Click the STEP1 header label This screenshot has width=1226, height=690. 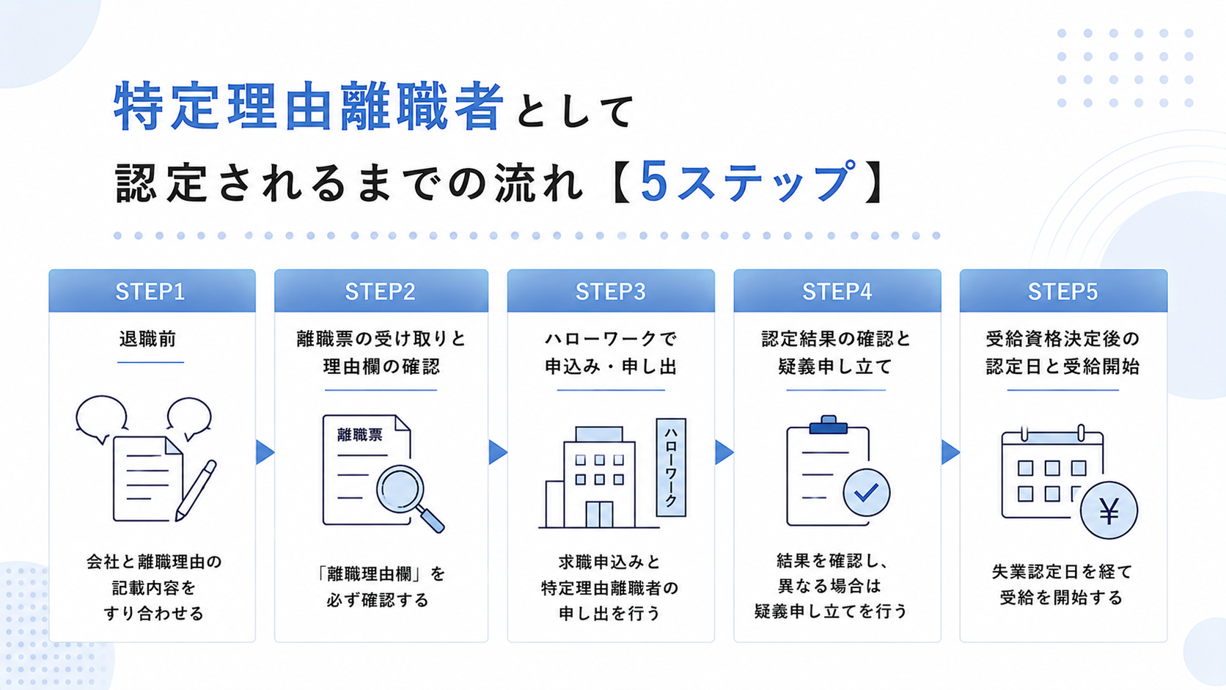[150, 292]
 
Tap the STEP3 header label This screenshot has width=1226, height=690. [610, 292]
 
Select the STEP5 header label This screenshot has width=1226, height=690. [1062, 292]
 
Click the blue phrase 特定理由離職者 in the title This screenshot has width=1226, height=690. [308, 106]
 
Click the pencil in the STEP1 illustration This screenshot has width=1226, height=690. [196, 491]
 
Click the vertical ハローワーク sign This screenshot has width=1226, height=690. [671, 467]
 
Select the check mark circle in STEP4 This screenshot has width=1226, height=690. [867, 493]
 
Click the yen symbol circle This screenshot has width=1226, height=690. [1109, 510]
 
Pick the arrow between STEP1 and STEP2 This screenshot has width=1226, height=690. [265, 452]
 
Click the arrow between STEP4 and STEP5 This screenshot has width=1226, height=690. [951, 452]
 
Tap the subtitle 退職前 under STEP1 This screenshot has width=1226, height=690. [148, 340]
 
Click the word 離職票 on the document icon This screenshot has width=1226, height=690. [359, 435]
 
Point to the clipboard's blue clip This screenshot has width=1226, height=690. [828, 425]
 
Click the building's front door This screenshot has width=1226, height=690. [599, 514]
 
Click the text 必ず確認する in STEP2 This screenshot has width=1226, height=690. [378, 601]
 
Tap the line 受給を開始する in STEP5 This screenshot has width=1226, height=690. [1061, 598]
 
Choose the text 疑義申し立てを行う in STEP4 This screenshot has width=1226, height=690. [831, 612]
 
